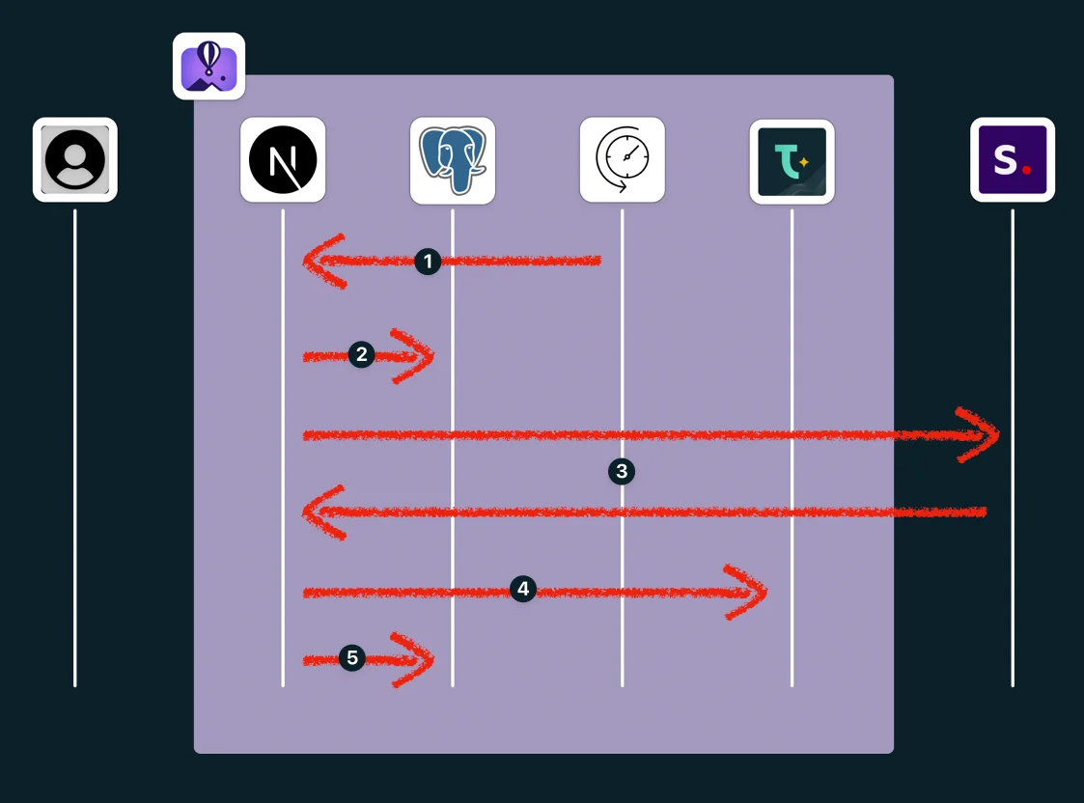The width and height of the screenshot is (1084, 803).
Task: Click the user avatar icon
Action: (75, 159)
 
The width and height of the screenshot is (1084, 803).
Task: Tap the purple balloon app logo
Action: (208, 67)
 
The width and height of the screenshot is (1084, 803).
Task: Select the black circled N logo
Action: (283, 159)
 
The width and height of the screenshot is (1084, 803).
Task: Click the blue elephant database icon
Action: (453, 159)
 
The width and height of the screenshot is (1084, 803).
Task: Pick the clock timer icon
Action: (623, 159)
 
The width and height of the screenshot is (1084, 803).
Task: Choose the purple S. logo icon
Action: (1013, 159)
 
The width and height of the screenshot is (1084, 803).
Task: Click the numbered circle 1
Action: (428, 261)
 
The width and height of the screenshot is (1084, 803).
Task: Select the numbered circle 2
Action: (361, 354)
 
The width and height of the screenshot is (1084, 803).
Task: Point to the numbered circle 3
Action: (622, 471)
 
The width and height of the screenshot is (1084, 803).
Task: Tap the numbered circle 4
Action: (522, 589)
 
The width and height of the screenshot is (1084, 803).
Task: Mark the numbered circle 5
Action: (352, 658)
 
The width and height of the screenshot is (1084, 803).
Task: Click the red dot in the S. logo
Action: (1027, 170)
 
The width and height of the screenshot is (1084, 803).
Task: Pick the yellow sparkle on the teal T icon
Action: (803, 162)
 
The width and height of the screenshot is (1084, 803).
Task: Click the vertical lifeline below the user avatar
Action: (75, 444)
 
